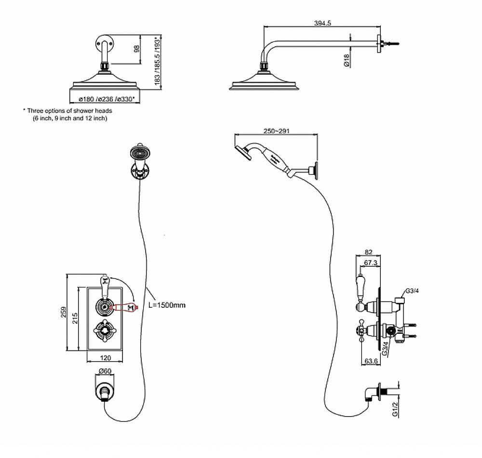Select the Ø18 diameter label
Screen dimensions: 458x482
(346, 60)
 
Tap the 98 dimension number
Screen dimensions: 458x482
(136, 49)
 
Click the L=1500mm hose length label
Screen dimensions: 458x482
(167, 305)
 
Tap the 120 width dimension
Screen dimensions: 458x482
(106, 358)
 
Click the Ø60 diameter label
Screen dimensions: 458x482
(105, 371)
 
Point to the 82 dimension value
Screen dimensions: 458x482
(369, 252)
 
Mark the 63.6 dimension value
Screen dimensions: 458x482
(371, 360)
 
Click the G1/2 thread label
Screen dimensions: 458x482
(395, 408)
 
